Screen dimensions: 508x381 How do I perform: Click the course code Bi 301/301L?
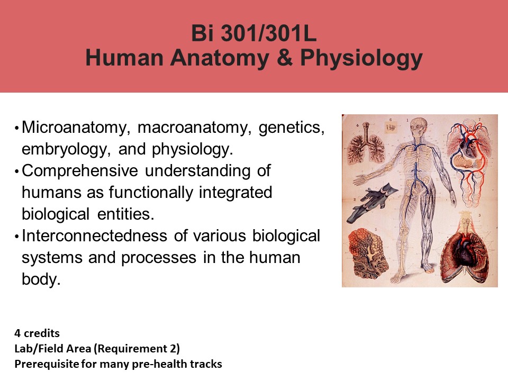(253, 33)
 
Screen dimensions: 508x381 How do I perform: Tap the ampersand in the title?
(285, 58)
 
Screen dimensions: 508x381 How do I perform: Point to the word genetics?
(292, 128)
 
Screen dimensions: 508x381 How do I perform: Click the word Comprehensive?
(80, 171)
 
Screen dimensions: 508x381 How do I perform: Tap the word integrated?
(235, 193)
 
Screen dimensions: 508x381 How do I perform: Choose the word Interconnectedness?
(94, 235)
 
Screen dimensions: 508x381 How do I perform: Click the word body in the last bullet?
(41, 279)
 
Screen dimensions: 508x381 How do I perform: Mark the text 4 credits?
(37, 333)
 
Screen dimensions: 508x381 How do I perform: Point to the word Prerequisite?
(47, 364)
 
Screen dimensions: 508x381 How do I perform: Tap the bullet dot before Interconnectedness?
(16, 237)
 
